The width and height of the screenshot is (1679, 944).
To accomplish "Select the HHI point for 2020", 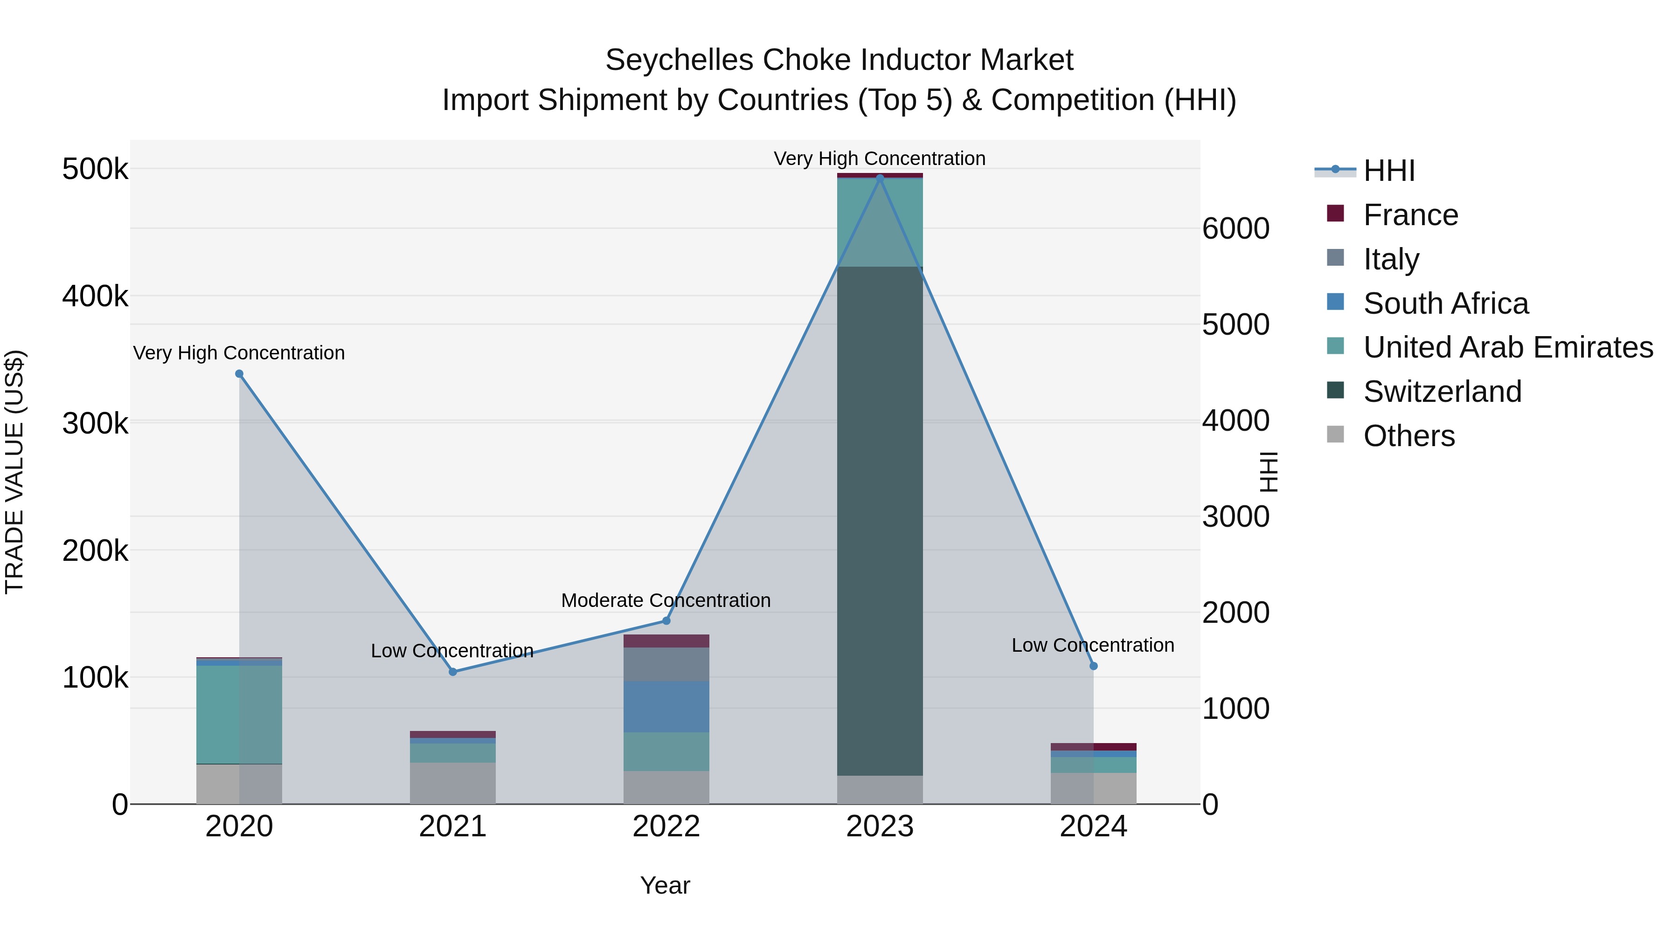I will (x=239, y=374).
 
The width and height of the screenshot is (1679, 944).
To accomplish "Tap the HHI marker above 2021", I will (x=453, y=672).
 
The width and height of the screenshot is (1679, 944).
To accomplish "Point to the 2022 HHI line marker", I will (x=666, y=621).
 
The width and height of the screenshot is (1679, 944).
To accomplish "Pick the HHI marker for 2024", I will (x=1094, y=666).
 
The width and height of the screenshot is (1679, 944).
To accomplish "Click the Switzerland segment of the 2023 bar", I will (x=880, y=521).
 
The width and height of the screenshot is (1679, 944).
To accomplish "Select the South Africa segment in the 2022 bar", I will (x=666, y=706).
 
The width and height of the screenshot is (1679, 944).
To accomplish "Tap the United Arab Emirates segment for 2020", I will (x=239, y=714).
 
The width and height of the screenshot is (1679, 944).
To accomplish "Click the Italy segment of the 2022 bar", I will (x=666, y=664).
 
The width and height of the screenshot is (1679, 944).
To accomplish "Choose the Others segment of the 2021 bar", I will (x=453, y=783).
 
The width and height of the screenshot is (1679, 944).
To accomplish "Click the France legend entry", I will (x=1410, y=215).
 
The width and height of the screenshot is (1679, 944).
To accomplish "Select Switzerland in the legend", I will (x=1442, y=392).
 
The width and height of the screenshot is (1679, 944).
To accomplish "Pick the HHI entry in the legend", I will (x=1388, y=171).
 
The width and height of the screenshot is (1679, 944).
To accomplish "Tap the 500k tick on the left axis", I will (x=95, y=169).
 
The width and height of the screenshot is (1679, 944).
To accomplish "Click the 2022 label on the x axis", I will (x=666, y=827).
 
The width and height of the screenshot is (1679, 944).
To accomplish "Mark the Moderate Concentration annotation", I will (x=666, y=600).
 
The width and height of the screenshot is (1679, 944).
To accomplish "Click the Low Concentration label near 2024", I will (x=1093, y=645).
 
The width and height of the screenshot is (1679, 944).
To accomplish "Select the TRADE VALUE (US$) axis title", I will (x=14, y=472).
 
